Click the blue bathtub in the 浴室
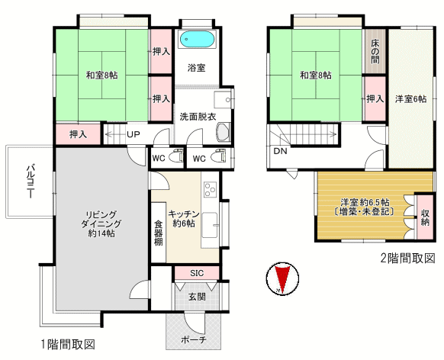(x=197, y=39)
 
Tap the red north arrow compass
(x=282, y=279)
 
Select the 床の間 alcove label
(x=375, y=52)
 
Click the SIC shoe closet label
(x=197, y=273)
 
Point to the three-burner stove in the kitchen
(x=211, y=189)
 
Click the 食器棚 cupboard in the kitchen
(x=158, y=233)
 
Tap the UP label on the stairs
(x=134, y=134)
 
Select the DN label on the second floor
(x=280, y=151)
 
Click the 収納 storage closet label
(x=425, y=217)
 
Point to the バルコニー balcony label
(x=30, y=181)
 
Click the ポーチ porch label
(x=194, y=339)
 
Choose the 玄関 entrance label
(x=197, y=297)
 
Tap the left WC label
(x=158, y=158)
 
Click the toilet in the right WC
(x=220, y=157)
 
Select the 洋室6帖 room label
(x=411, y=99)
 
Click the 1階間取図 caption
(x=68, y=345)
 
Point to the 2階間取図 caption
(x=407, y=259)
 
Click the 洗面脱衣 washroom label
(x=198, y=117)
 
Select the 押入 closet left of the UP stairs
(x=78, y=134)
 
